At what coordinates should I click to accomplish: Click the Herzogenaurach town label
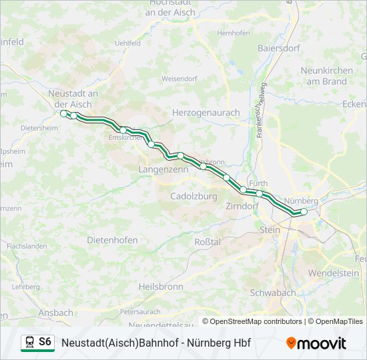206,113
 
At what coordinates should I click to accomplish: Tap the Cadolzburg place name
194,197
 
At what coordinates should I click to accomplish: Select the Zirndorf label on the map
242,206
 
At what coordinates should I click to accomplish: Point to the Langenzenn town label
163,170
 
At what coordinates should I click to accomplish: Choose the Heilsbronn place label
160,286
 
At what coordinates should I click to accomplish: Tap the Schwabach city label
272,293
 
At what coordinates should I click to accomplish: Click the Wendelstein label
334,273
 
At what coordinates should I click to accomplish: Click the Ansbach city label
56,312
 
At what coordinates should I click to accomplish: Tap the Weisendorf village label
179,79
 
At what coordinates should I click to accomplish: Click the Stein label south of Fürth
270,229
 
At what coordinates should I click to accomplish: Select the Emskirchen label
125,137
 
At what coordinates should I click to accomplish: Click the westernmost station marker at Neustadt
64,114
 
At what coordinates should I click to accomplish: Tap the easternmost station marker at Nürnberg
304,212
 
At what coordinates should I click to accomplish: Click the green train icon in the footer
29,343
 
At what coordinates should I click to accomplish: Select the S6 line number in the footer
45,342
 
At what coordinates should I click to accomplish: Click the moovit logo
316,343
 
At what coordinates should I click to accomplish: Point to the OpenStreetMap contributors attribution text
256,321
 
